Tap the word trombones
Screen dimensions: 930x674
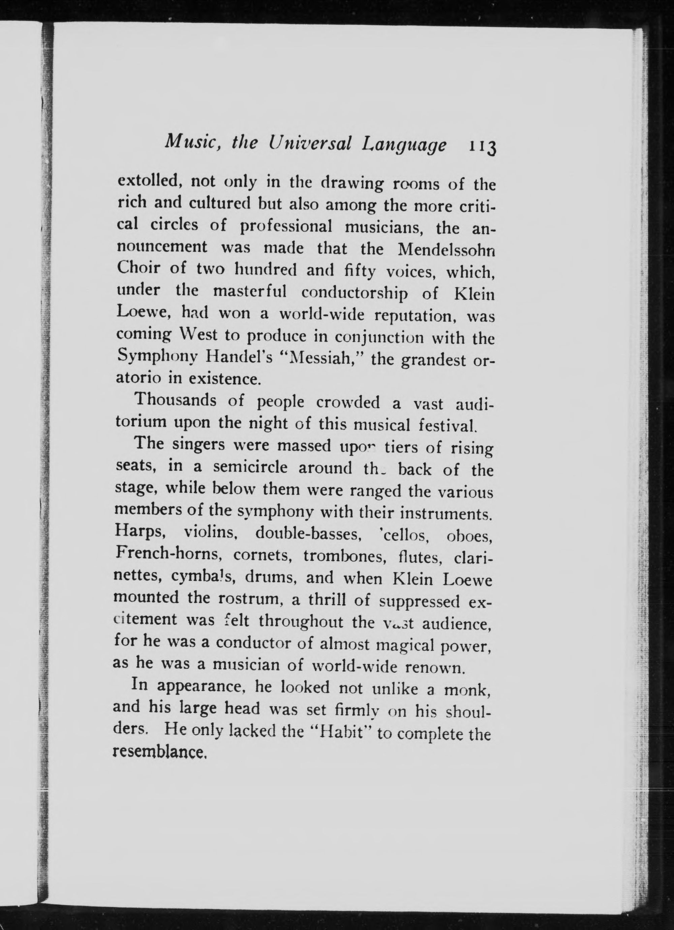pos(332,556)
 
